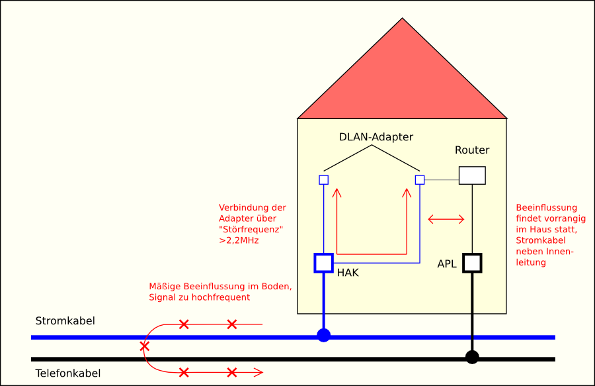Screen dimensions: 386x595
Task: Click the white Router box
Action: [472, 175]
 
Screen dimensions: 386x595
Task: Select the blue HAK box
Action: [323, 263]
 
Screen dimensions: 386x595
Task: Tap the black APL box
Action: [472, 263]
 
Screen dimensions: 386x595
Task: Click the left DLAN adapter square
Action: [323, 179]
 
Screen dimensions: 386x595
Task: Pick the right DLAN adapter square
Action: [419, 179]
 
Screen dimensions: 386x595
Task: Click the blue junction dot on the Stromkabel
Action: [323, 335]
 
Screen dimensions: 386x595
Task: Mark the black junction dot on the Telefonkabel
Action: [472, 358]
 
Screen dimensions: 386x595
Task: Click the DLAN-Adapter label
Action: [376, 137]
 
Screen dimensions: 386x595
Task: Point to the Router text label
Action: [472, 150]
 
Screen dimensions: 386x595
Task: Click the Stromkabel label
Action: [65, 321]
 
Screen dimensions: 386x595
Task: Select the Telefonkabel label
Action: [67, 373]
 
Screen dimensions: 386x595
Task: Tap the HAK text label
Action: [348, 272]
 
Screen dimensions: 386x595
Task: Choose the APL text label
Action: [447, 264]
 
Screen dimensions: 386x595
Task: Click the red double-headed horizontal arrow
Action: [446, 218]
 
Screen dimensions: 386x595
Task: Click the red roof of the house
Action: [402, 79]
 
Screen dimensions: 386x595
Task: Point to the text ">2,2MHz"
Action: [239, 240]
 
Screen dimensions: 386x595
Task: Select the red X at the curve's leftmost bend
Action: [144, 346]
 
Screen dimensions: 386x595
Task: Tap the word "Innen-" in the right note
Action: [559, 252]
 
